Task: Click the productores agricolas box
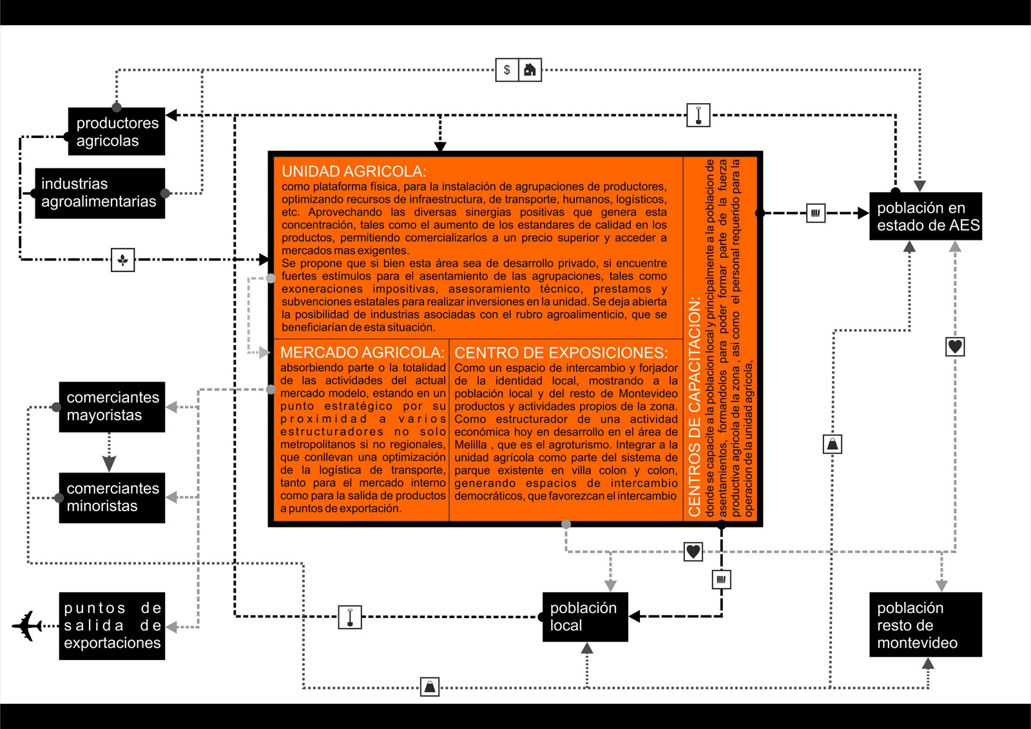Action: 117,131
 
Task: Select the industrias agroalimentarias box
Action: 100,193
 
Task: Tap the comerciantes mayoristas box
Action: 112,407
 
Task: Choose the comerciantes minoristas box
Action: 112,498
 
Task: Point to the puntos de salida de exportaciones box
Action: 112,626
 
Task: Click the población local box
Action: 584,617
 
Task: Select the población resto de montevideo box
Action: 925,625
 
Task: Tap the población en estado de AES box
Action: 925,217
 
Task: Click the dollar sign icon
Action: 507,70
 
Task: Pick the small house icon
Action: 530,70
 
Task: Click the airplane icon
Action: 27,625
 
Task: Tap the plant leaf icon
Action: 122,260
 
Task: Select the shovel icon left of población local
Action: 350,617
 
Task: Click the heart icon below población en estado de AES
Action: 955,347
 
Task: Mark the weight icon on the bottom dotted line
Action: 430,687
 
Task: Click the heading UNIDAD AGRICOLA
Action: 354,171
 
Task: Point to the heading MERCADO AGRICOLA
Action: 362,353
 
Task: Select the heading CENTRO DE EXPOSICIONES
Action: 561,353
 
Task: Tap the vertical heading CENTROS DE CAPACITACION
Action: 695,406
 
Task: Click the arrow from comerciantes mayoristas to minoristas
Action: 109,454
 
